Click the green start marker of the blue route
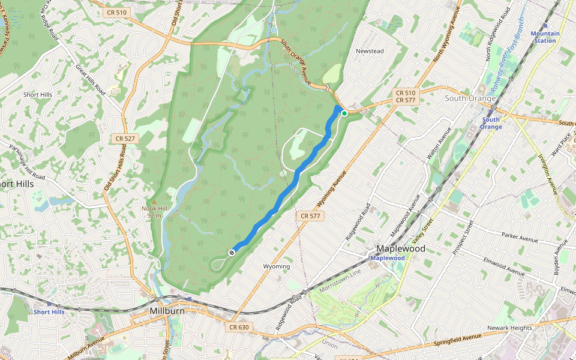(344, 113)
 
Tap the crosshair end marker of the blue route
(231, 253)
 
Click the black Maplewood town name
(400, 248)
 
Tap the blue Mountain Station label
(545, 37)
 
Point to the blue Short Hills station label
(49, 312)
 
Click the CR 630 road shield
(239, 327)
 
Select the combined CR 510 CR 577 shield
(406, 97)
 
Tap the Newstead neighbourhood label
(370, 52)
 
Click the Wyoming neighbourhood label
(277, 266)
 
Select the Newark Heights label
(509, 328)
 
